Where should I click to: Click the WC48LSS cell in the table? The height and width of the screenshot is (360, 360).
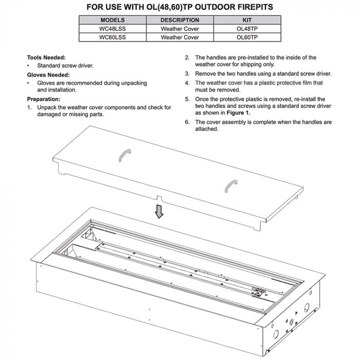112,29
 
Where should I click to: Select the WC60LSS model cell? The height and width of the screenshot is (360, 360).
112,38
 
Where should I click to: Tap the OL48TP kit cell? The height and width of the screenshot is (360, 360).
247,29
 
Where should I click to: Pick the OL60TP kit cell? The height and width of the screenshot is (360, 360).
247,38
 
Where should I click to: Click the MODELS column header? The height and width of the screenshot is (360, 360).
112,20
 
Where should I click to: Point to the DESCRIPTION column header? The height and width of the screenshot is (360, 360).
179,20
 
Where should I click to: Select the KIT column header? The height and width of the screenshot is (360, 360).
247,20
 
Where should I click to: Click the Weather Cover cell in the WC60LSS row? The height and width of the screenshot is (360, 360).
179,38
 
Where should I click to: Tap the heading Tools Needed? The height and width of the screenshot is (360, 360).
46,58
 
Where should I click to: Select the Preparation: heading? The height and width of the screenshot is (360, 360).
44,99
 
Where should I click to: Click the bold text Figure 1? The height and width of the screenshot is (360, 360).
239,112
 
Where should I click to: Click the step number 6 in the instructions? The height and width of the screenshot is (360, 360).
187,122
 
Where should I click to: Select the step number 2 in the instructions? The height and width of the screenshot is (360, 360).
187,58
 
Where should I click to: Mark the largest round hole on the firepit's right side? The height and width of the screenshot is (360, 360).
307,307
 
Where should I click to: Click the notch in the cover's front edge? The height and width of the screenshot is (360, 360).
159,197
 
